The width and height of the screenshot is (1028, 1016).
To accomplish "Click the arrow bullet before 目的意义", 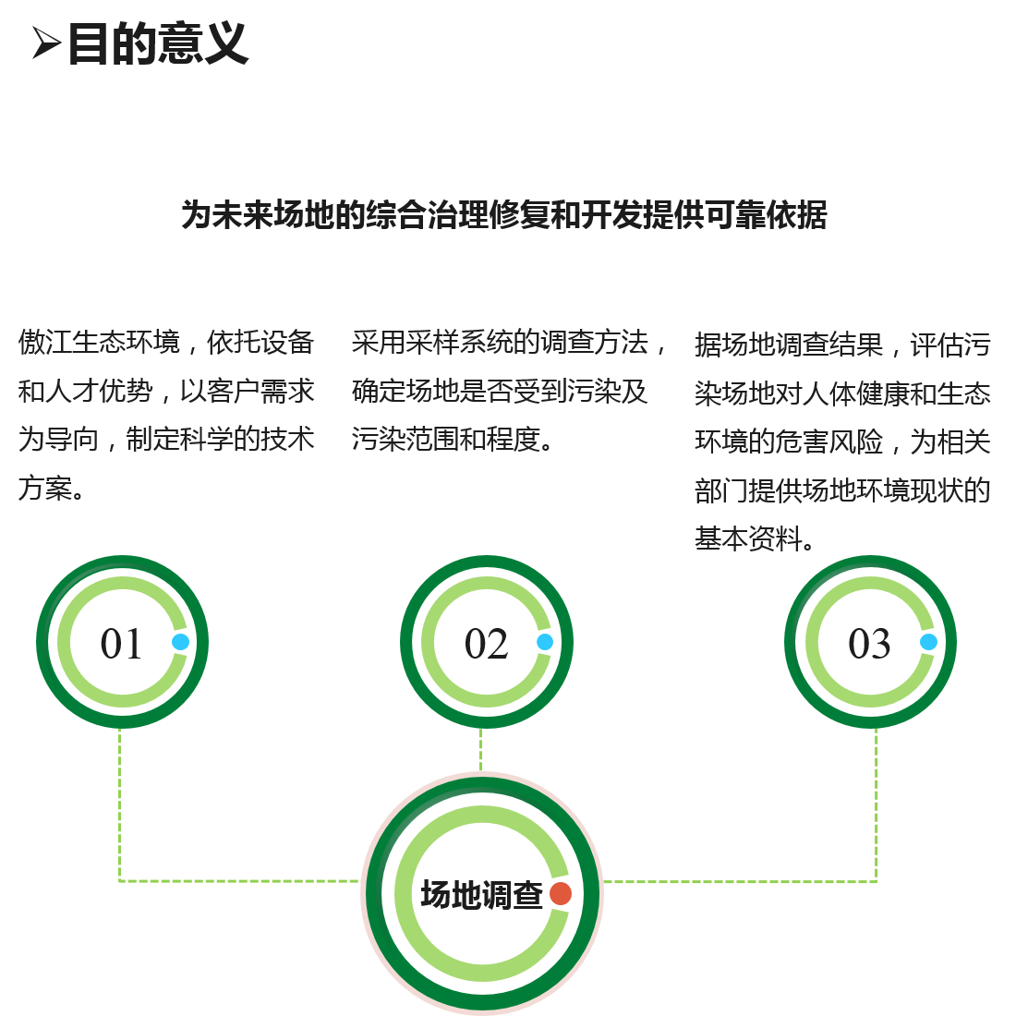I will [x=46, y=42].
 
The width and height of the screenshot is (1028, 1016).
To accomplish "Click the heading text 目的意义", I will [x=157, y=43].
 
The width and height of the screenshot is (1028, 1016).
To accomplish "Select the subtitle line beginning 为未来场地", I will [x=503, y=215].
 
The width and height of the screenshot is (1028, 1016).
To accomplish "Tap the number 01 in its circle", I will [x=121, y=644].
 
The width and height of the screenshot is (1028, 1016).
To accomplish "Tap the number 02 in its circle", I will [x=486, y=644].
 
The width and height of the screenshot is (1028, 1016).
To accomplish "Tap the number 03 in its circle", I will [x=869, y=644].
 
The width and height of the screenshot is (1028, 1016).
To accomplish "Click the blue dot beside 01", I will [x=180, y=642].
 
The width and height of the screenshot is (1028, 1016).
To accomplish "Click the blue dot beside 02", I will [x=545, y=642].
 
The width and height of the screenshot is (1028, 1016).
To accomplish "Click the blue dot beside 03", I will [x=928, y=642].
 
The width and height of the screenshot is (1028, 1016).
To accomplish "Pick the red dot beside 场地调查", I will [x=561, y=893].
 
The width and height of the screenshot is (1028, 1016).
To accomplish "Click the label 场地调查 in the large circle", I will [x=481, y=894].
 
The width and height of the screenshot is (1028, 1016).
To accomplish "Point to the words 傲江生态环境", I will [x=99, y=343].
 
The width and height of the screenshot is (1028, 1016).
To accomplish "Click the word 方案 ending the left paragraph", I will [x=44, y=487].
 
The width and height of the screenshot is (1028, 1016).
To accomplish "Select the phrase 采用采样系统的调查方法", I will [x=500, y=343].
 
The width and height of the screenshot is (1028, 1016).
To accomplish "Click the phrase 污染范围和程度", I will [x=445, y=439].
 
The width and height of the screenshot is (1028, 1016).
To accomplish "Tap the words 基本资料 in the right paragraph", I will [x=748, y=538].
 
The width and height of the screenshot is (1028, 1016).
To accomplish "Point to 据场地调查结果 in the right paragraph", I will [x=789, y=345].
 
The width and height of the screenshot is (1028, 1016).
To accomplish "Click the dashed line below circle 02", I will [x=480, y=749].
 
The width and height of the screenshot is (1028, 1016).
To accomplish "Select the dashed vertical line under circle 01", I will [x=119, y=804].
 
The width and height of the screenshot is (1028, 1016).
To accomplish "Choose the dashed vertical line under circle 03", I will [x=876, y=804].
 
